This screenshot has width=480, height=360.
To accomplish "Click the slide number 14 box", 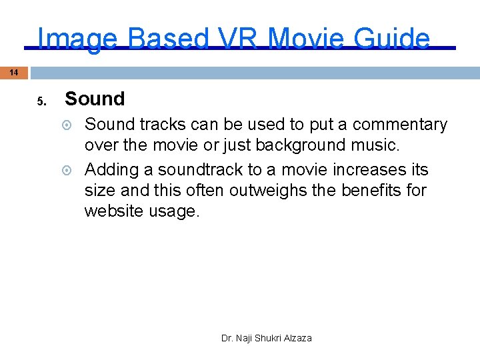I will click(x=14, y=72).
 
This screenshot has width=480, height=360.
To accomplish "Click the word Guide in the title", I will click(x=391, y=39).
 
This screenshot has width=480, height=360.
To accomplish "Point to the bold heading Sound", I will click(x=95, y=99).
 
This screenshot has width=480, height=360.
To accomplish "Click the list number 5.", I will click(x=41, y=102).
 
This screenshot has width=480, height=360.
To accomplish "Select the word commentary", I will click(x=400, y=125).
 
